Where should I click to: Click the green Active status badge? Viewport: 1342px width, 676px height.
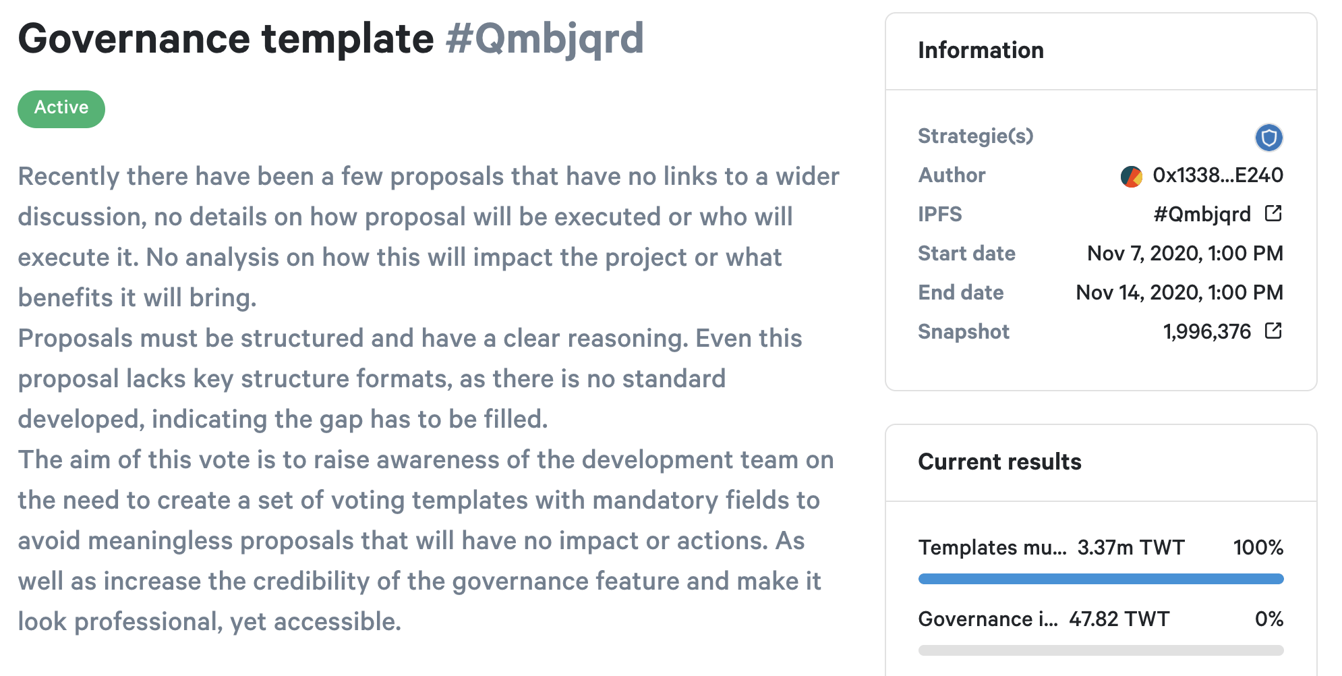pyautogui.click(x=61, y=109)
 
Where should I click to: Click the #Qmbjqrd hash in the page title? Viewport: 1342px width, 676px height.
pyautogui.click(x=545, y=39)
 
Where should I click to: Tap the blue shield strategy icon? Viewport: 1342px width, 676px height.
pyautogui.click(x=1268, y=138)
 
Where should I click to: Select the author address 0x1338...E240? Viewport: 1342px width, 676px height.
pyautogui.click(x=1217, y=175)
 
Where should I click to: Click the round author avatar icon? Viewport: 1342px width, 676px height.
pyautogui.click(x=1131, y=176)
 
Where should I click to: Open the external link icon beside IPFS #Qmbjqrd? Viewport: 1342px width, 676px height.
pyautogui.click(x=1273, y=214)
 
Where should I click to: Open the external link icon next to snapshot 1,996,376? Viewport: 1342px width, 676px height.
pyautogui.click(x=1273, y=331)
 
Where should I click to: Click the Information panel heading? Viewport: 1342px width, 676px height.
pyautogui.click(x=981, y=51)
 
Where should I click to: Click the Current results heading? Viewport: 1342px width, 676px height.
pyautogui.click(x=999, y=462)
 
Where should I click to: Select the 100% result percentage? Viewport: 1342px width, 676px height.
pyautogui.click(x=1258, y=547)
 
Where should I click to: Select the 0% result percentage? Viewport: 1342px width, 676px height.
pyautogui.click(x=1268, y=619)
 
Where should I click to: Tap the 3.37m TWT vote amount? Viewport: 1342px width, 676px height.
pyautogui.click(x=1131, y=547)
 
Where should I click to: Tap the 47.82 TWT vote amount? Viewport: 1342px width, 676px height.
pyautogui.click(x=1119, y=619)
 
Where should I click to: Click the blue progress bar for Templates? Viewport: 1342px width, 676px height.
pyautogui.click(x=1101, y=579)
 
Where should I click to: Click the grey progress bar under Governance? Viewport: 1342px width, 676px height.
pyautogui.click(x=1101, y=650)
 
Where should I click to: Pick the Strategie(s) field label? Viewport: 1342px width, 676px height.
pyautogui.click(x=975, y=136)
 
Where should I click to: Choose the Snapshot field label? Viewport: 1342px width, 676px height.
pyautogui.click(x=964, y=331)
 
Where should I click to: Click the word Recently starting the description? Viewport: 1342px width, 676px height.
pyautogui.click(x=68, y=177)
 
